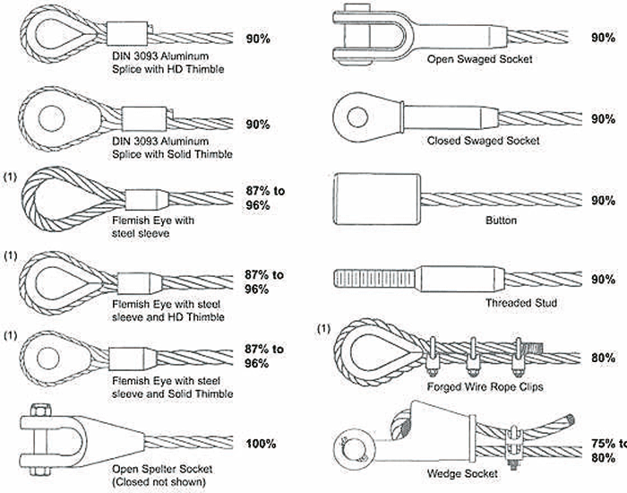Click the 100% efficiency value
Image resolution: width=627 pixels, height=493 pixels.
pos(262,444)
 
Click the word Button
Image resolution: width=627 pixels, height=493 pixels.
pos(501,221)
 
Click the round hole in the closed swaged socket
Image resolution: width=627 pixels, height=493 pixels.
pos(357,117)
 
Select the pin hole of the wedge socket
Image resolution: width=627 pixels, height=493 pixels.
pos(352,446)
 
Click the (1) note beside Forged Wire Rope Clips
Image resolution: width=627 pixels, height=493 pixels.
pos(324,331)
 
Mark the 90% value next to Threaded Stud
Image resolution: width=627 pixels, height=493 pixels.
pos(602,281)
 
